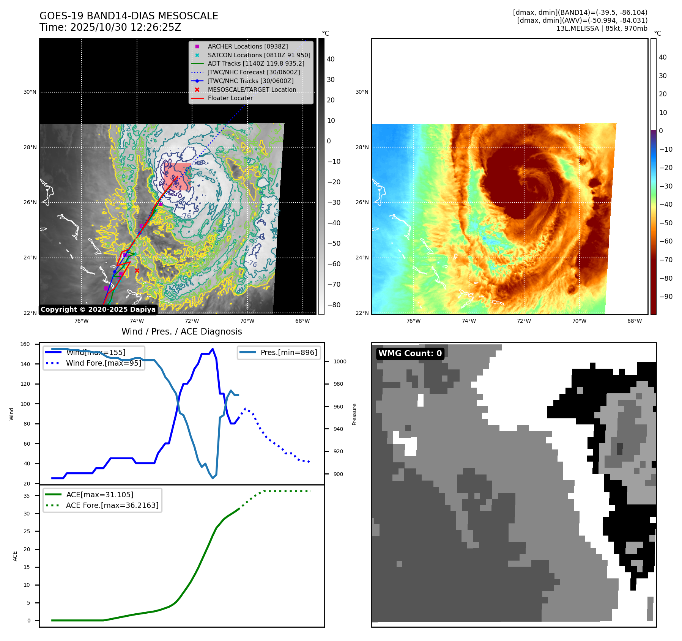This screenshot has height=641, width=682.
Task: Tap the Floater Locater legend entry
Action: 230,98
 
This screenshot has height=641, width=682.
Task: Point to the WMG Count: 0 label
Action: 410,353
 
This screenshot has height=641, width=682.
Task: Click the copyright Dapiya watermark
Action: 98,310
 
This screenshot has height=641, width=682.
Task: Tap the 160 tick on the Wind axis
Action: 25,344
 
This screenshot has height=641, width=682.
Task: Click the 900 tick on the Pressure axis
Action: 338,474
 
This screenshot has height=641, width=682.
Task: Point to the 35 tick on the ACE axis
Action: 27,496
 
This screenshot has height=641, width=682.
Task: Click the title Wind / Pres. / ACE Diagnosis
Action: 181,331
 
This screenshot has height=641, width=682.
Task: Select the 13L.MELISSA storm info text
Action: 602,28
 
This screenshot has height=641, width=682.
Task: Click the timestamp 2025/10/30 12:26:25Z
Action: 126,28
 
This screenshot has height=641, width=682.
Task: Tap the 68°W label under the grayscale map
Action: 302,321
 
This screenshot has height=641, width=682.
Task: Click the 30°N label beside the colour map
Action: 362,92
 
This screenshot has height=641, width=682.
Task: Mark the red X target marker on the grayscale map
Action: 137,270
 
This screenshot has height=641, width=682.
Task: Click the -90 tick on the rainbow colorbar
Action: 665,297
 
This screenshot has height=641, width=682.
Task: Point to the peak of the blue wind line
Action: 213,349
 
